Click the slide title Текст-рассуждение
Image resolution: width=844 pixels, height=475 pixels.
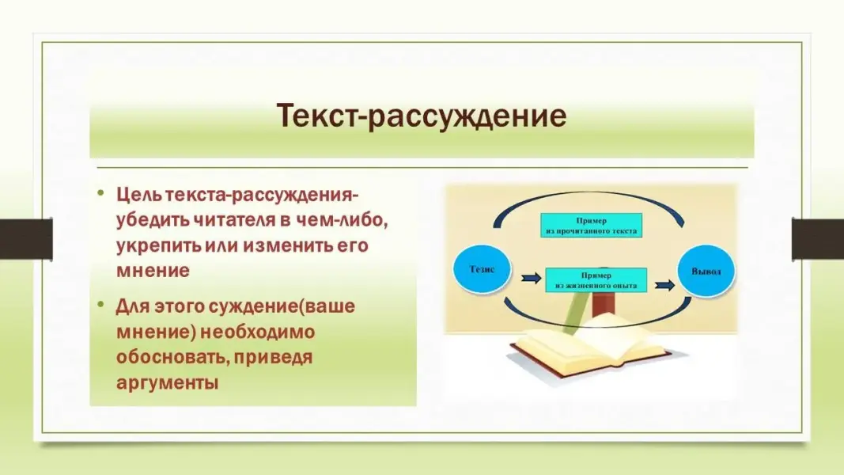tap(422, 116)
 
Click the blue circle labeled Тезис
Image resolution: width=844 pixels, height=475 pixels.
tap(482, 268)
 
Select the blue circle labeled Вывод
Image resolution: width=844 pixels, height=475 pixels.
tap(706, 271)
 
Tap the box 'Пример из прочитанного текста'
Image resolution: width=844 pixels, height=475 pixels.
tap(591, 225)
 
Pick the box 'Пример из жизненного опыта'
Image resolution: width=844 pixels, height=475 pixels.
tap(596, 280)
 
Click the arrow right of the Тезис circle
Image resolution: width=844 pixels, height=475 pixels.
tap(531, 278)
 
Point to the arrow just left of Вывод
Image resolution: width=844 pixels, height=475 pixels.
tap(664, 285)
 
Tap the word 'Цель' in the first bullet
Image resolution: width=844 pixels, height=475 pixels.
tap(139, 195)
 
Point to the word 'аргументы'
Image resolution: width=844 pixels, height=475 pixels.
tap(168, 383)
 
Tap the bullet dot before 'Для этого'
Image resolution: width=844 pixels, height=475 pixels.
tap(100, 305)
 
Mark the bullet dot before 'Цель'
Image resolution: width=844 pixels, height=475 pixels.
tap(100, 192)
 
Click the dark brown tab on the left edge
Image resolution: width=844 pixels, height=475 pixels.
tap(26, 238)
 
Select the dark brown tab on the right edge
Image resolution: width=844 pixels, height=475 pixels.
tap(818, 238)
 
